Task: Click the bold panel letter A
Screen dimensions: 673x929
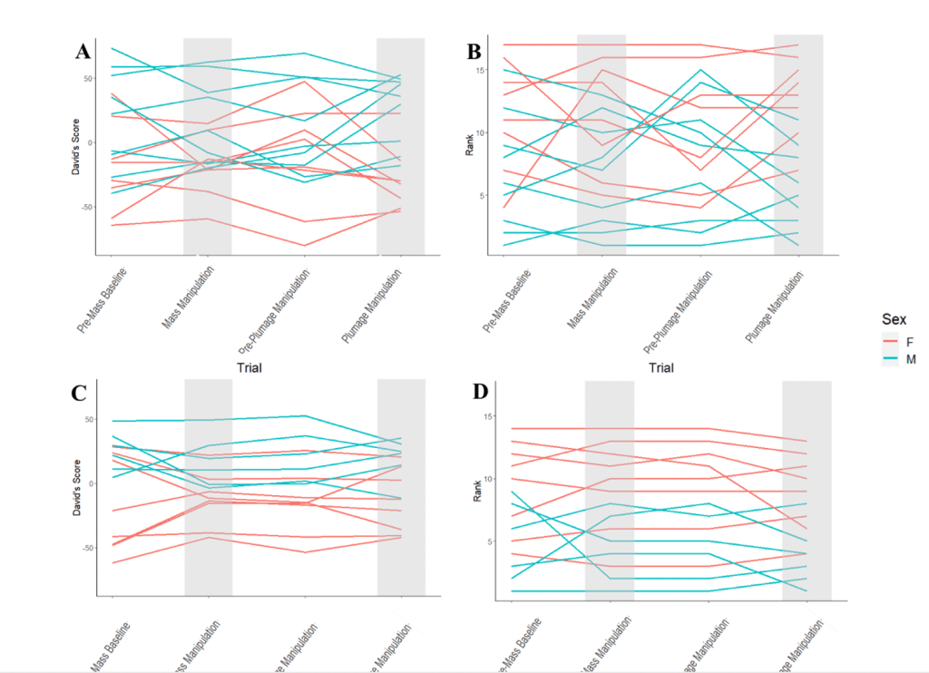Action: [x=83, y=52]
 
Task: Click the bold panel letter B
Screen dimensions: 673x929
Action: [x=474, y=52]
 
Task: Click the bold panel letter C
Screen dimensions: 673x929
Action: [x=80, y=393]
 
